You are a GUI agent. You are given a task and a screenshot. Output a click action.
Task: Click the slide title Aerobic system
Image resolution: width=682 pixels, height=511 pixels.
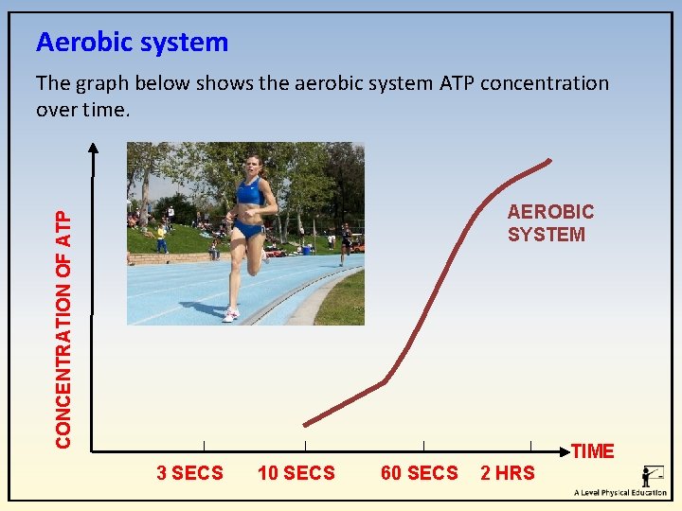click(132, 43)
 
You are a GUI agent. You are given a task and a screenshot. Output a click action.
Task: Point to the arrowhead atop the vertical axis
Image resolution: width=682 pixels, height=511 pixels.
click(93, 147)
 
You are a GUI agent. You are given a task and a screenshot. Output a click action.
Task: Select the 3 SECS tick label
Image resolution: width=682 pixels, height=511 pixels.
click(189, 473)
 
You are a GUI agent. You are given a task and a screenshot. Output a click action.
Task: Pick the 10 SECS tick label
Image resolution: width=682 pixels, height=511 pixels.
click(296, 473)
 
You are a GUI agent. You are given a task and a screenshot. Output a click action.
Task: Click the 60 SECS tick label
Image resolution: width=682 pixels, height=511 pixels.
click(419, 473)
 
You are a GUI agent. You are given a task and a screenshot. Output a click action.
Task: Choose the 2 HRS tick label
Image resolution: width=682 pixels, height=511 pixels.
click(508, 473)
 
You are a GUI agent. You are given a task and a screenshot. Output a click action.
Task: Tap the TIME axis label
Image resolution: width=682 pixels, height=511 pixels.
click(593, 451)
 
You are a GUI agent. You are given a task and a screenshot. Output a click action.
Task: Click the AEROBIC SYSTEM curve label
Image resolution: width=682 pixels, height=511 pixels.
click(550, 223)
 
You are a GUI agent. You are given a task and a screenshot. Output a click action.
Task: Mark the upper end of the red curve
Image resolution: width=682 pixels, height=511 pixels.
click(550, 160)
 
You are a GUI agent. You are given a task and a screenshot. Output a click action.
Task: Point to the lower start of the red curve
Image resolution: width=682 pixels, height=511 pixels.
click(305, 424)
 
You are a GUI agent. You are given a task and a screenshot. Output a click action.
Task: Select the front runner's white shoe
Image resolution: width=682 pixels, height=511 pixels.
click(230, 315)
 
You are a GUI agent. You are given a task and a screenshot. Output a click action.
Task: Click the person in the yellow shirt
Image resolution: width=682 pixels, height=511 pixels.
click(162, 237)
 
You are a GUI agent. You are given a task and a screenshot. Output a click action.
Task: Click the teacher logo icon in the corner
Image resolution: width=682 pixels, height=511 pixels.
click(652, 477)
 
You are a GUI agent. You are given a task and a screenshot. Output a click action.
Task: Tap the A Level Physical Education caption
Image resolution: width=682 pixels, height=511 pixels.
click(619, 493)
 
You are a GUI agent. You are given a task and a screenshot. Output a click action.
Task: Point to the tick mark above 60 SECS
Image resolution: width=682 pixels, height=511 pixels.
click(423, 446)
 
